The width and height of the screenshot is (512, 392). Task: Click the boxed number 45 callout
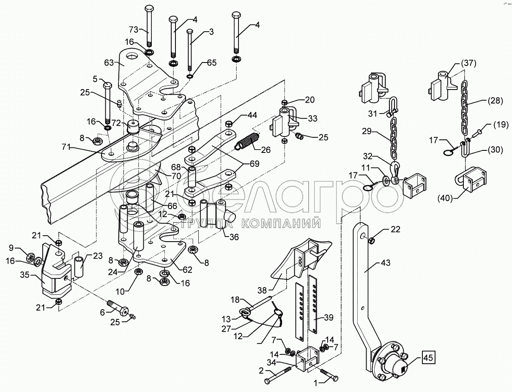tap(428, 358)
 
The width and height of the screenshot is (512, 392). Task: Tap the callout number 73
tap(134, 30)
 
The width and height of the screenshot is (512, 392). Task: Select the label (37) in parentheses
tap(468, 63)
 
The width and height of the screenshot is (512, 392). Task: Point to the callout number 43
tap(385, 263)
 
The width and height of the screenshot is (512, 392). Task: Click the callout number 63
tap(109, 63)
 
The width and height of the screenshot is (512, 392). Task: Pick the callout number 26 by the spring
tap(266, 150)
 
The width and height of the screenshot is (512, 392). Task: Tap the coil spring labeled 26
tap(246, 142)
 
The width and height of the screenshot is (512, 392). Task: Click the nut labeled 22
tap(372, 240)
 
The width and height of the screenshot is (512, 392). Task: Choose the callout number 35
tap(25, 275)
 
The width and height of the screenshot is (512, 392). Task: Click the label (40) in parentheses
tap(445, 199)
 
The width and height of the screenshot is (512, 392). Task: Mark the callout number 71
tap(66, 147)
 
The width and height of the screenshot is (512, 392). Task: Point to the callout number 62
tap(187, 270)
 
